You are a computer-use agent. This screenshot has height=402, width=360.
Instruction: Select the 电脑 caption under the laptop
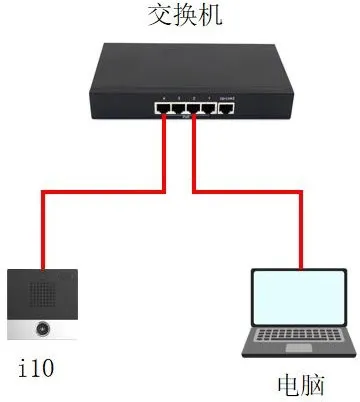click(x=301, y=384)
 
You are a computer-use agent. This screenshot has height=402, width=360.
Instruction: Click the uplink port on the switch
click(x=227, y=108)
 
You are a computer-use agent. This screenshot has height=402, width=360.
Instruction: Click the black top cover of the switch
click(x=190, y=65)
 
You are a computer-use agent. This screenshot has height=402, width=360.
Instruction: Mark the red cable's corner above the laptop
click(x=301, y=189)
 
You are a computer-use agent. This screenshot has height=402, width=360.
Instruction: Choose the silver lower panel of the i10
click(x=41, y=328)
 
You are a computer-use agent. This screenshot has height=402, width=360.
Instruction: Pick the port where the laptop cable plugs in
click(x=193, y=108)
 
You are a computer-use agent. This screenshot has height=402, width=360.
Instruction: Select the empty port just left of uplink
click(x=209, y=108)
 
